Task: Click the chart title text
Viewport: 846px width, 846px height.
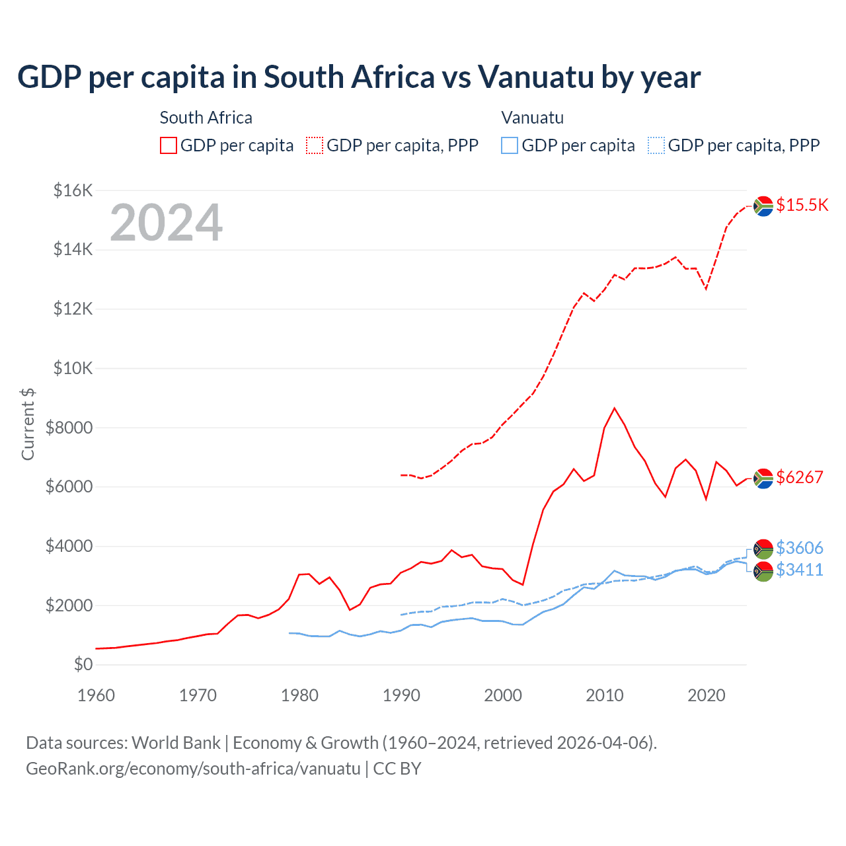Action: tap(359, 77)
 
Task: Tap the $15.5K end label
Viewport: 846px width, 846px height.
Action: tap(802, 205)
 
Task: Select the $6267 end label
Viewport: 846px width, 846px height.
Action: tap(799, 477)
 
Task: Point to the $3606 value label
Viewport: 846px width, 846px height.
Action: tap(799, 548)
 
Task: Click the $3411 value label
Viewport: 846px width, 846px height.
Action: tap(799, 570)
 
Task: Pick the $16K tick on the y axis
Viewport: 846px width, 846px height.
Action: tap(73, 191)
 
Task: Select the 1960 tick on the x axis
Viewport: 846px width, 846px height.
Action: tap(96, 695)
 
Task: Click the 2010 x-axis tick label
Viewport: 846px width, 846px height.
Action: tap(605, 695)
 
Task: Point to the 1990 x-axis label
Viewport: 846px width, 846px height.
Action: tap(401, 695)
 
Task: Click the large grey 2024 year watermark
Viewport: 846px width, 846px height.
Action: tap(166, 223)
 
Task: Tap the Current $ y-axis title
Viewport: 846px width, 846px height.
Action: tap(28, 424)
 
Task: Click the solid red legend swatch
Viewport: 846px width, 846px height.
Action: tap(169, 145)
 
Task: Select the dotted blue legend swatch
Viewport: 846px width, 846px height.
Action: tap(656, 145)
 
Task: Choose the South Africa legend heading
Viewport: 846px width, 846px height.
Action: tap(206, 118)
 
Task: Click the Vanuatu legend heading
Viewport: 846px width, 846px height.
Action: tap(532, 118)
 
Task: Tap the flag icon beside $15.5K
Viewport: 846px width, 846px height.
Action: tap(763, 206)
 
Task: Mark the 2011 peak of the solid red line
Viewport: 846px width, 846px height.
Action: tap(615, 408)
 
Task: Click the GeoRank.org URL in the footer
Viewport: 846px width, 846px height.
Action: tap(193, 769)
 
